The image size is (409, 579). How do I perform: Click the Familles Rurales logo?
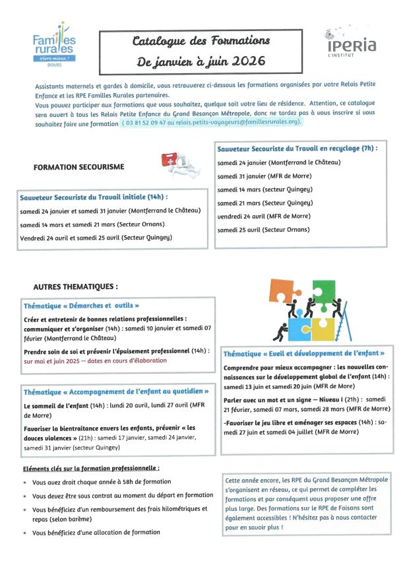(x=54, y=43)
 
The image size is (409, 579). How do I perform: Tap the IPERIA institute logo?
(x=350, y=42)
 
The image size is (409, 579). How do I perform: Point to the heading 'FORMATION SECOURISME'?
(x=79, y=168)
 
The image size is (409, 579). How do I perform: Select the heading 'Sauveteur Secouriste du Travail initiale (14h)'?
(x=94, y=197)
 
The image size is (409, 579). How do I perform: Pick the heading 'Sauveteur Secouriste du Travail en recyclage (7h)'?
(x=297, y=149)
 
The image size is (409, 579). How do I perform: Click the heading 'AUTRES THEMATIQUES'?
(x=75, y=287)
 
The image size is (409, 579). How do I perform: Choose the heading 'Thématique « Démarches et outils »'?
(x=81, y=306)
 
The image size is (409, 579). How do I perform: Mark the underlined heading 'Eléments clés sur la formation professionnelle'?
(x=91, y=468)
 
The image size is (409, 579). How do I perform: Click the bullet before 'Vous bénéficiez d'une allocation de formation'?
(x=25, y=532)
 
